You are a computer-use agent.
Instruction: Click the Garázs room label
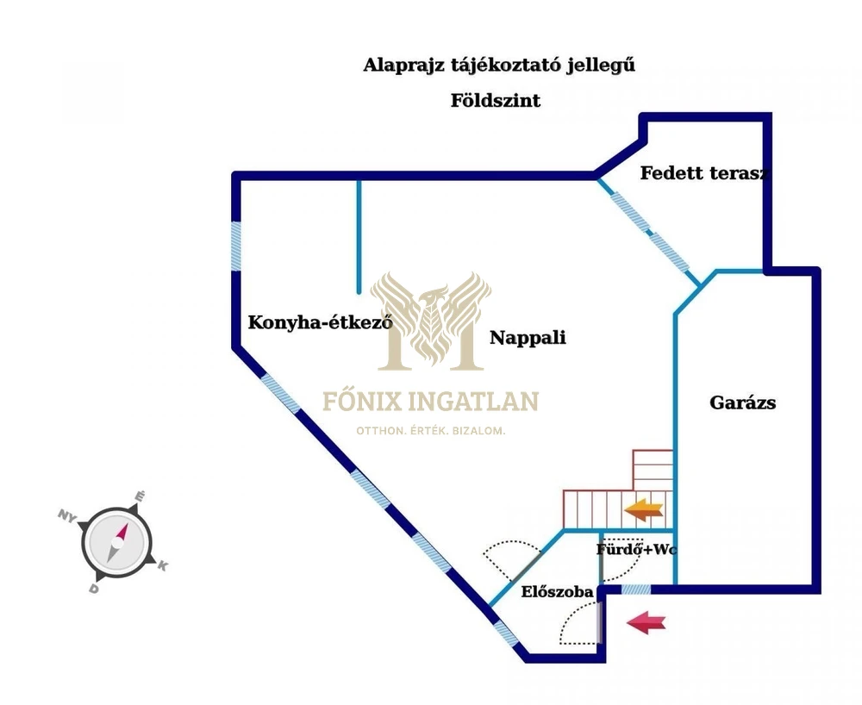(742, 402)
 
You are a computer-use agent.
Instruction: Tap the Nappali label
(528, 338)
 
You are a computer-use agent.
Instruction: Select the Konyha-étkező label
(320, 323)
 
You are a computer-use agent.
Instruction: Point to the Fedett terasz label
(703, 172)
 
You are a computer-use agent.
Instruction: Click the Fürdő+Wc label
(636, 549)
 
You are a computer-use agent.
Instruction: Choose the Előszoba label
(557, 592)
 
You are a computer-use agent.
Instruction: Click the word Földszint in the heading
(496, 101)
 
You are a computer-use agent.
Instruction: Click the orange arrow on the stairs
(644, 510)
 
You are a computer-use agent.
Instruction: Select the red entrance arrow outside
(646, 622)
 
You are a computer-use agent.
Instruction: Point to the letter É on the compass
(141, 496)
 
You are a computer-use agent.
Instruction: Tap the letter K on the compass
(162, 565)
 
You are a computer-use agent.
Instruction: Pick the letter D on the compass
(92, 589)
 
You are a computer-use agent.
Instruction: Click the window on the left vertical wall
(235, 246)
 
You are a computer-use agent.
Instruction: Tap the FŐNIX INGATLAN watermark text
(430, 402)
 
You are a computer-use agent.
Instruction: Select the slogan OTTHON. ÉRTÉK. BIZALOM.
(430, 431)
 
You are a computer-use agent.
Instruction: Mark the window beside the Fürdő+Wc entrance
(636, 590)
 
